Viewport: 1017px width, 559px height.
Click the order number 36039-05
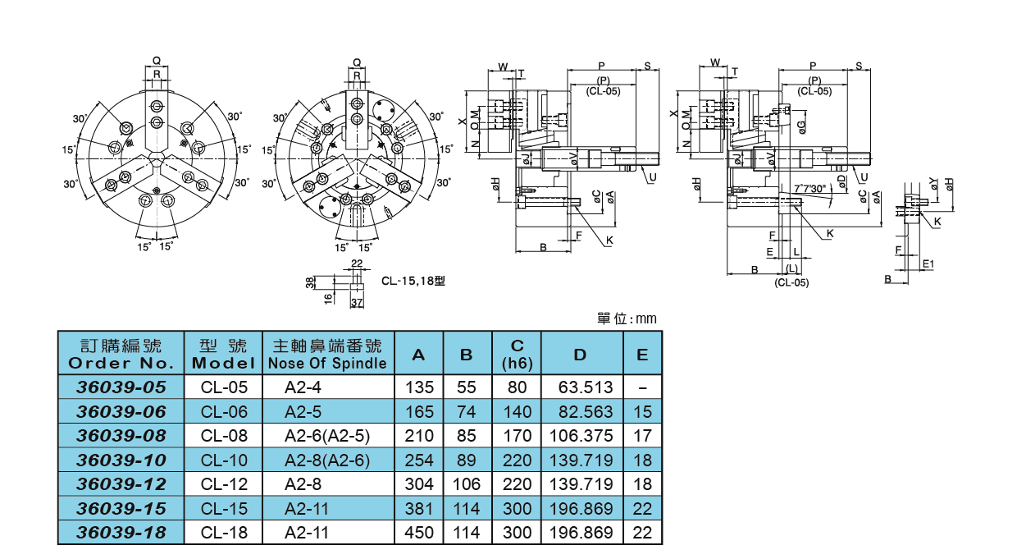click(x=121, y=387)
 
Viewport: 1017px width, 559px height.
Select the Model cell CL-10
click(x=224, y=460)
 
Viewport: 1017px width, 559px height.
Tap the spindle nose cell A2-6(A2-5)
click(x=327, y=436)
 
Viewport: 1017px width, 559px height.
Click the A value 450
click(x=419, y=533)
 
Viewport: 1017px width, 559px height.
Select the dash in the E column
click(x=642, y=387)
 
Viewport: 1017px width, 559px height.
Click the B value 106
click(x=467, y=484)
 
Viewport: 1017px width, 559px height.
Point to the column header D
click(x=581, y=355)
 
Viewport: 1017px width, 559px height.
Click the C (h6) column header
click(x=517, y=354)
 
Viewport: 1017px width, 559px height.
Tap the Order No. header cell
click(x=121, y=354)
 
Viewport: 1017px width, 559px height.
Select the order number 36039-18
click(x=121, y=533)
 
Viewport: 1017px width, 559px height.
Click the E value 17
click(x=642, y=436)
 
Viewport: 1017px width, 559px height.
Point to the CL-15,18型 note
click(x=413, y=280)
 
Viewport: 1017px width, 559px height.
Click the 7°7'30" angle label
click(x=811, y=189)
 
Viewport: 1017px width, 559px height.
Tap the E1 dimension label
click(x=928, y=263)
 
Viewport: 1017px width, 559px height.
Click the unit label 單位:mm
click(x=627, y=318)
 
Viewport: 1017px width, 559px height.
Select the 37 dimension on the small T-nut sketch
click(x=357, y=303)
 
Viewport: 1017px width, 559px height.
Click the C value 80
click(x=517, y=387)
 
